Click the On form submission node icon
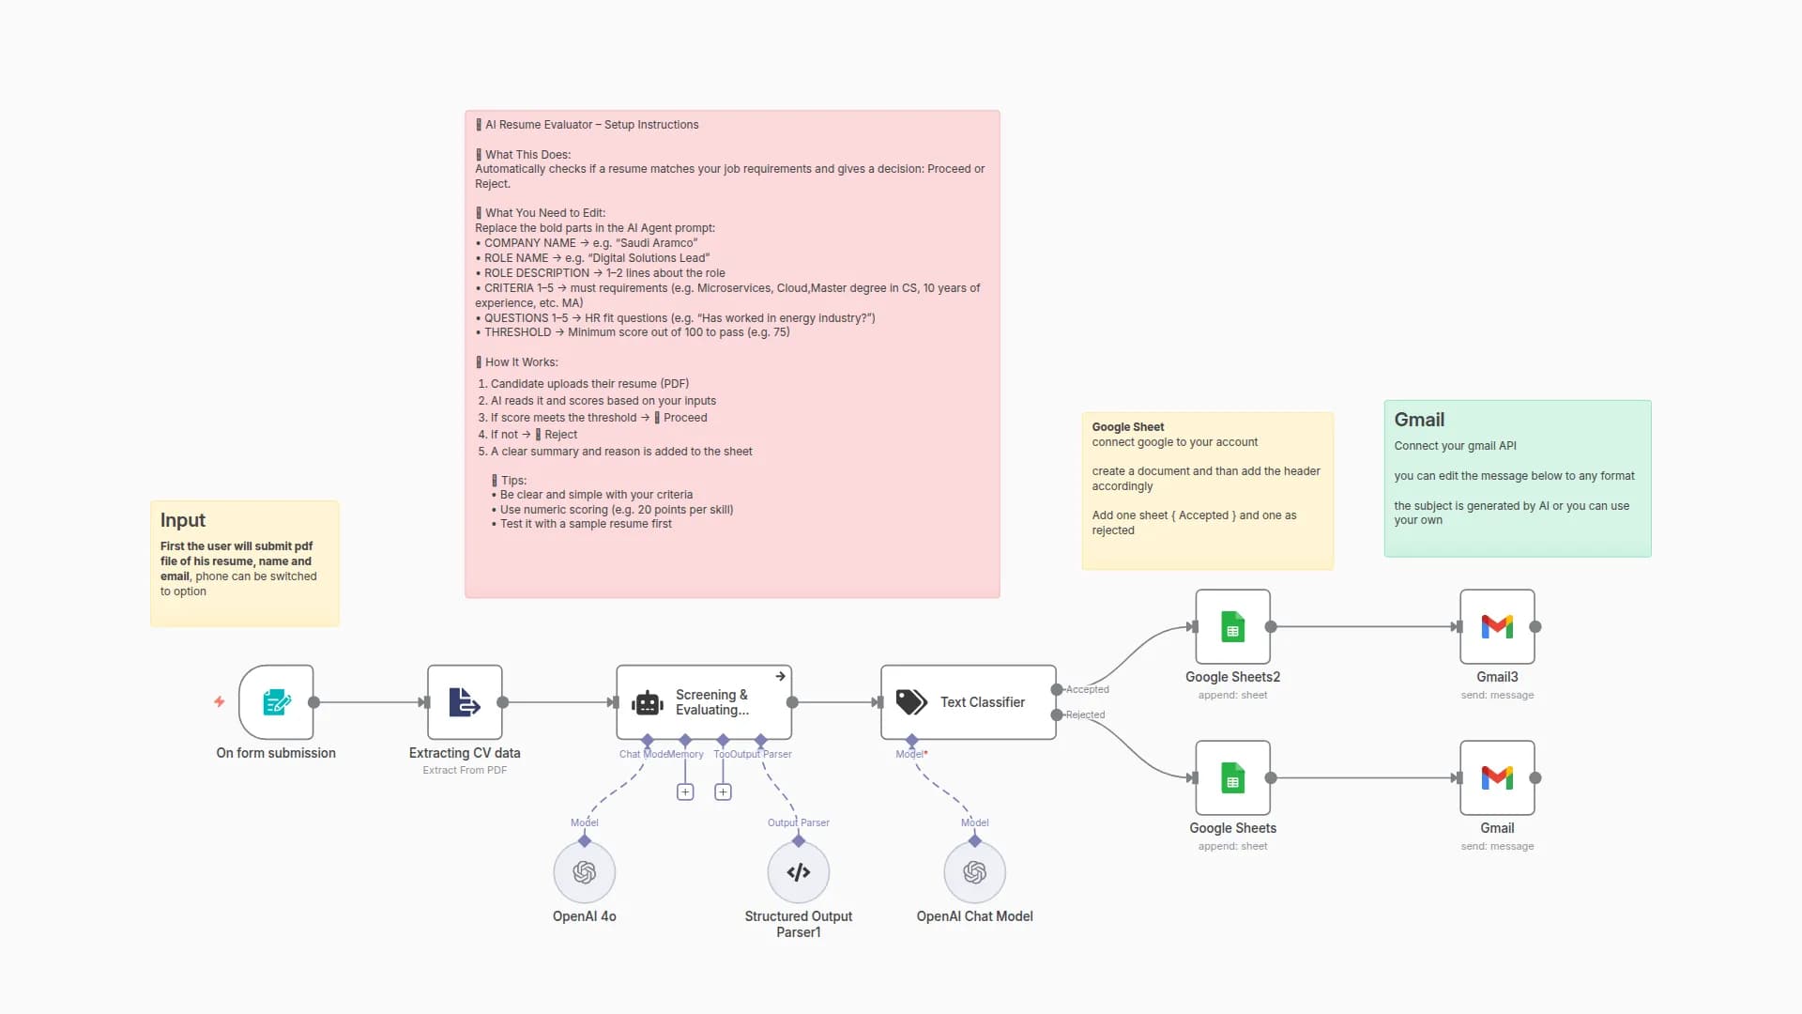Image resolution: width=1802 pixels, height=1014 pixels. pyautogui.click(x=276, y=702)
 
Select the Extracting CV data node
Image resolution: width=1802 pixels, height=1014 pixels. pyautogui.click(x=465, y=702)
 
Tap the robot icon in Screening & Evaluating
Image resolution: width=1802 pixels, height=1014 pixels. pyautogui.click(x=648, y=703)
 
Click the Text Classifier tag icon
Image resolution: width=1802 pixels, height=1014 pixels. pyautogui.click(x=911, y=702)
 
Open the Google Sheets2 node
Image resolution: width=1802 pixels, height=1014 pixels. pyautogui.click(x=1232, y=627)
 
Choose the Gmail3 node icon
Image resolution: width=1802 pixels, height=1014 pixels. pyautogui.click(x=1497, y=627)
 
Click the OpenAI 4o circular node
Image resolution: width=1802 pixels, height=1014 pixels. pyautogui.click(x=584, y=873)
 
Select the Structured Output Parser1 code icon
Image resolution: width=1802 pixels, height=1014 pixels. pyautogui.click(x=798, y=873)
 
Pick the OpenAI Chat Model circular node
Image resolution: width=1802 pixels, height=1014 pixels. pyautogui.click(x=974, y=873)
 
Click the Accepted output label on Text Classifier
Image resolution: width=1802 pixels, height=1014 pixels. pyautogui.click(x=1087, y=690)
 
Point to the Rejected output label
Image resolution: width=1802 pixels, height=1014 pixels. pyautogui.click(x=1085, y=715)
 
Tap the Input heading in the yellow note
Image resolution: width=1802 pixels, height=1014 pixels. pyautogui.click(x=183, y=520)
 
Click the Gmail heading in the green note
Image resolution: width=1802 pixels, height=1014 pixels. pyautogui.click(x=1418, y=420)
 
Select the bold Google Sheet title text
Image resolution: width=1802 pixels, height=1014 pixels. pyautogui.click(x=1127, y=427)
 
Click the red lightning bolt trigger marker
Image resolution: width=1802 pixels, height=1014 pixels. pyautogui.click(x=220, y=701)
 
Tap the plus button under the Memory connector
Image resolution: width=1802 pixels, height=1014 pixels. pyautogui.click(x=685, y=792)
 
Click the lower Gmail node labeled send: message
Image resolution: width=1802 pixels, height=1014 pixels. pyautogui.click(x=1497, y=778)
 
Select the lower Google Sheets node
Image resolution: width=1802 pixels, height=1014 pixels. pyautogui.click(x=1232, y=778)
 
